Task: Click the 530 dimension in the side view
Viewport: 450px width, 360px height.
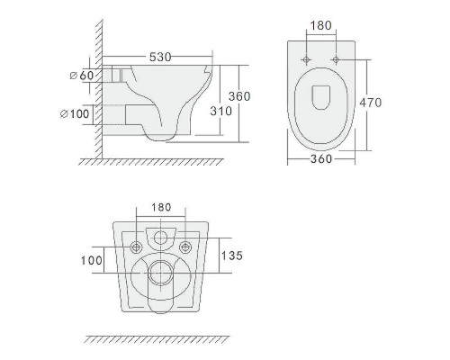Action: pos(160,57)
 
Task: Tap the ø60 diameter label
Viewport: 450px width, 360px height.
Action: pos(82,75)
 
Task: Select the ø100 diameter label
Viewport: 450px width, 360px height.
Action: pos(75,113)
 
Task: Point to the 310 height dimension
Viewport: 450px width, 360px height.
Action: pos(221,111)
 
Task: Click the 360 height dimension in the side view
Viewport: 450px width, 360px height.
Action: pos(239,96)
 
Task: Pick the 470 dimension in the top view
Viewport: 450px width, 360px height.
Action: pos(371,103)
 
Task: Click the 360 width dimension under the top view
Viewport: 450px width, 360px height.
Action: pos(321,158)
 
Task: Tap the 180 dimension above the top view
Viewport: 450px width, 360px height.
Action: pos(320,25)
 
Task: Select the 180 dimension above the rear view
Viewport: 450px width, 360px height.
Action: pos(161,207)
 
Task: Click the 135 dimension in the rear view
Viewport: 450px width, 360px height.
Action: pos(232,256)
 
